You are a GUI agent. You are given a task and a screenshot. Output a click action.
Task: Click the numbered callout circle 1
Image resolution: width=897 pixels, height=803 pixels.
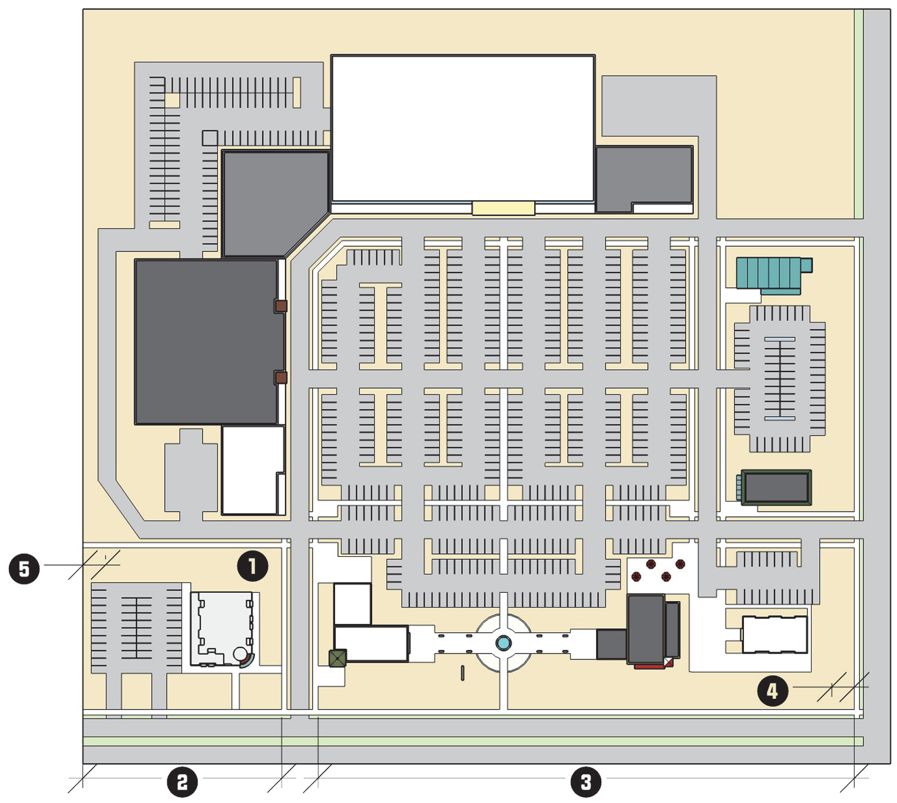[x=252, y=566]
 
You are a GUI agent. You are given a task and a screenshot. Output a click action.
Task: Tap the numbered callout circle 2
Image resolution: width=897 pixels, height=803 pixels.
[x=182, y=782]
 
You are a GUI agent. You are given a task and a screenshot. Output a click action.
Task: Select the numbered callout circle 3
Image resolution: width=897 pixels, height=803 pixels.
[x=585, y=782]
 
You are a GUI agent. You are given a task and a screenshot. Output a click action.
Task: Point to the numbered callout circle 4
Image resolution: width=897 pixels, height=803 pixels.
[x=772, y=690]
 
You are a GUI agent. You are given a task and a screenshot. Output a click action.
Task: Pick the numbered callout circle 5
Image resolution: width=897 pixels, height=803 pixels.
[x=24, y=569]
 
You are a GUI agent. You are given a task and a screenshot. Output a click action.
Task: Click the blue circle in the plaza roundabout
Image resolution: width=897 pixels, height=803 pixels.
[x=503, y=643]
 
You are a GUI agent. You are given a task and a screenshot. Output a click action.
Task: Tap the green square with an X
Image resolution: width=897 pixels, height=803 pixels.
[x=337, y=658]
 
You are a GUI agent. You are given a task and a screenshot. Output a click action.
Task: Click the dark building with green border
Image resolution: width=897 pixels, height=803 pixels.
[x=776, y=487]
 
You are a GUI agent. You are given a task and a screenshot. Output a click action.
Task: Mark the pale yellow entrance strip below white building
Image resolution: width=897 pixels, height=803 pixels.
[x=503, y=208]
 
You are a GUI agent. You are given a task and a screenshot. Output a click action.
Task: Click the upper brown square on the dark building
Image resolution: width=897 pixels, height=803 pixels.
[x=281, y=306]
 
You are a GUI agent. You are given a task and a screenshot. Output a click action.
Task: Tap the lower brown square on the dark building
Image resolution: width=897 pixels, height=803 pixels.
[x=281, y=377]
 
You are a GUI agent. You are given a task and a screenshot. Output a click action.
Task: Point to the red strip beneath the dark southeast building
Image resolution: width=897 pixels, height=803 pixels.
[x=650, y=666]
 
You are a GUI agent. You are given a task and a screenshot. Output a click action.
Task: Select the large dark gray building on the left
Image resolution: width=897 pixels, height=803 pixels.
[x=206, y=341]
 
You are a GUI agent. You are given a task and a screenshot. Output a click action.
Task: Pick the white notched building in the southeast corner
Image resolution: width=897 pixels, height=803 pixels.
[x=774, y=635]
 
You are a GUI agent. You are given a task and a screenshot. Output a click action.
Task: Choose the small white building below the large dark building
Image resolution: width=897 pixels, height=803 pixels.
[x=250, y=469]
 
